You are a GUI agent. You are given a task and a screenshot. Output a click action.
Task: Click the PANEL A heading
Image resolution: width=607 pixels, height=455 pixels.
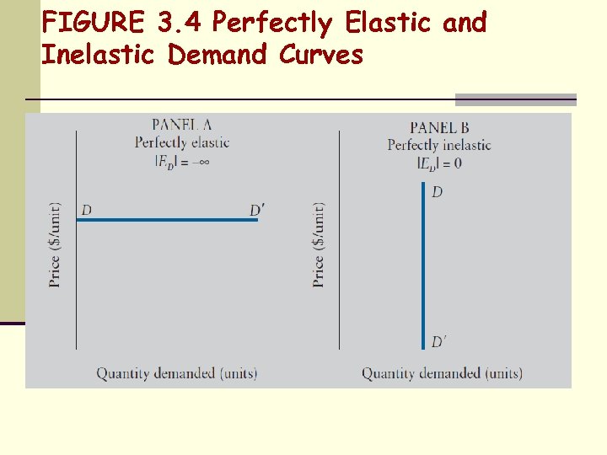(x=181, y=125)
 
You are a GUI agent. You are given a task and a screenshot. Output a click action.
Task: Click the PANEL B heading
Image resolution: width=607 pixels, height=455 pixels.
(x=439, y=127)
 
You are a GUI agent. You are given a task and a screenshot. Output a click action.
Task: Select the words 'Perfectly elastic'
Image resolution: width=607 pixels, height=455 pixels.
(x=181, y=142)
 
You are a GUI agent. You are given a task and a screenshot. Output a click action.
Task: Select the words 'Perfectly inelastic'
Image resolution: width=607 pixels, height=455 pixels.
(x=439, y=145)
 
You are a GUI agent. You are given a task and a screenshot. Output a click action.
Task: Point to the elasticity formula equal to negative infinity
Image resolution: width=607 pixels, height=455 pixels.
(x=181, y=161)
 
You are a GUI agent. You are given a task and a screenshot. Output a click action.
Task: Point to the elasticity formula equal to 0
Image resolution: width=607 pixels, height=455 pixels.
(x=439, y=163)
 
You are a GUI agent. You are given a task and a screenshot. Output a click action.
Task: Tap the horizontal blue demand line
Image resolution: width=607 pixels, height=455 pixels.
(x=169, y=220)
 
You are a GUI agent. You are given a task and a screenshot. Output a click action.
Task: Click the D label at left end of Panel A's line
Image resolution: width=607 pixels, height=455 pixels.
(x=86, y=209)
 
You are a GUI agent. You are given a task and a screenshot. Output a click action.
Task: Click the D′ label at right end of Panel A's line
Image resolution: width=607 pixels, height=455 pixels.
(x=257, y=209)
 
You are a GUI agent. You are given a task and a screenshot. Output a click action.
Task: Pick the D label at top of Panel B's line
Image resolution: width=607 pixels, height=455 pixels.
(x=437, y=193)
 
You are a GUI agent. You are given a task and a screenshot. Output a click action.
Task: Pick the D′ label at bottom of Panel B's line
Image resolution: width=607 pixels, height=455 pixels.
(x=438, y=341)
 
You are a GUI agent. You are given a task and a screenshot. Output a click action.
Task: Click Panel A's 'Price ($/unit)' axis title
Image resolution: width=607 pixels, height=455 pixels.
(x=55, y=244)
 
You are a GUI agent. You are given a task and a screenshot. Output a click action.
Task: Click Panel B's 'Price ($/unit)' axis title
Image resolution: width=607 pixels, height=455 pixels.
(x=319, y=244)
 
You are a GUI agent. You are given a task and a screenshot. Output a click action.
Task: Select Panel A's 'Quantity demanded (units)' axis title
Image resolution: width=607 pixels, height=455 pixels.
(x=176, y=372)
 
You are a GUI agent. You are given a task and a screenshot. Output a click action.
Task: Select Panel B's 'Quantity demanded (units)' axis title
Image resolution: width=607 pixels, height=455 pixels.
(x=442, y=372)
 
